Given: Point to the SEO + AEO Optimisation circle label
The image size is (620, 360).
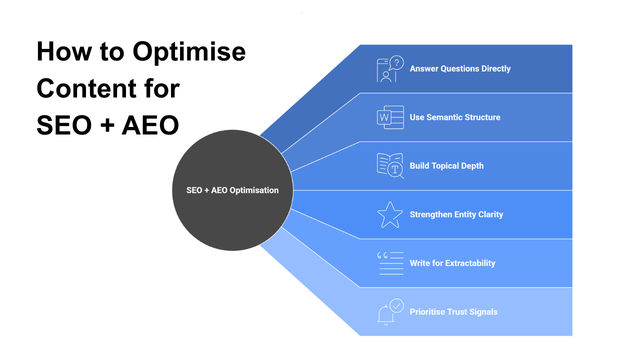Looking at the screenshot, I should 233,190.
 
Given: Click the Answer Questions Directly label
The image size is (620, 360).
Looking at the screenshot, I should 460,69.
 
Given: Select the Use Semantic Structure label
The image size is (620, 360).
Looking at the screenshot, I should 455,117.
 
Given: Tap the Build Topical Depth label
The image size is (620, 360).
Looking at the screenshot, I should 447,166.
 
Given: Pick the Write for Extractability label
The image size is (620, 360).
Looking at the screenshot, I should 452,263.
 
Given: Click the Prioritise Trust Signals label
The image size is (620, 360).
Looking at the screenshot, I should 453,311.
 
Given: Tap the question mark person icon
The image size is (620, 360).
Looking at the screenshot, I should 389,69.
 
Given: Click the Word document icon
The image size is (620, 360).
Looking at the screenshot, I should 389,117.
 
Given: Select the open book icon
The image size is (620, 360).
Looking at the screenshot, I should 389,166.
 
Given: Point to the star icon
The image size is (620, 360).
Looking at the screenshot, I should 389,214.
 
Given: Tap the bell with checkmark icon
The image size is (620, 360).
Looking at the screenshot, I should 389,311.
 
